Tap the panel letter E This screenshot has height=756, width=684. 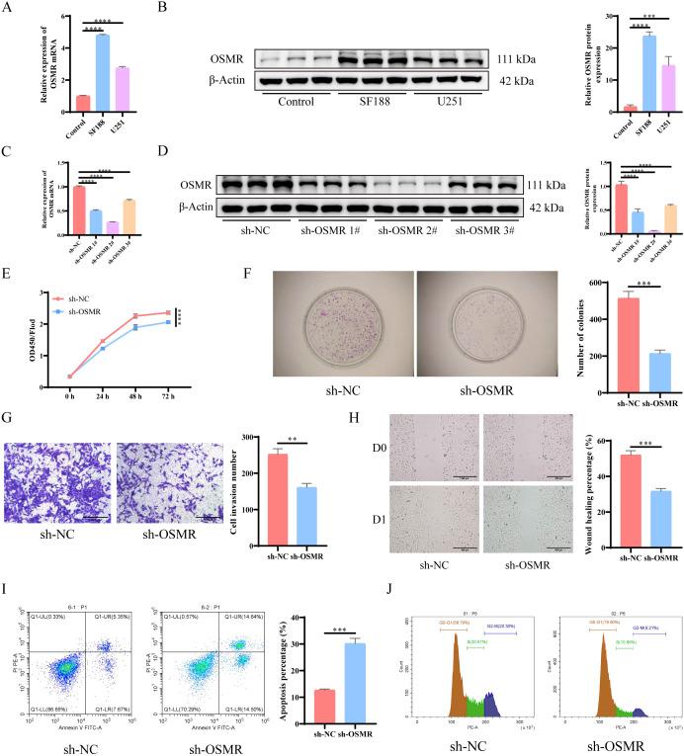point(8,283)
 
